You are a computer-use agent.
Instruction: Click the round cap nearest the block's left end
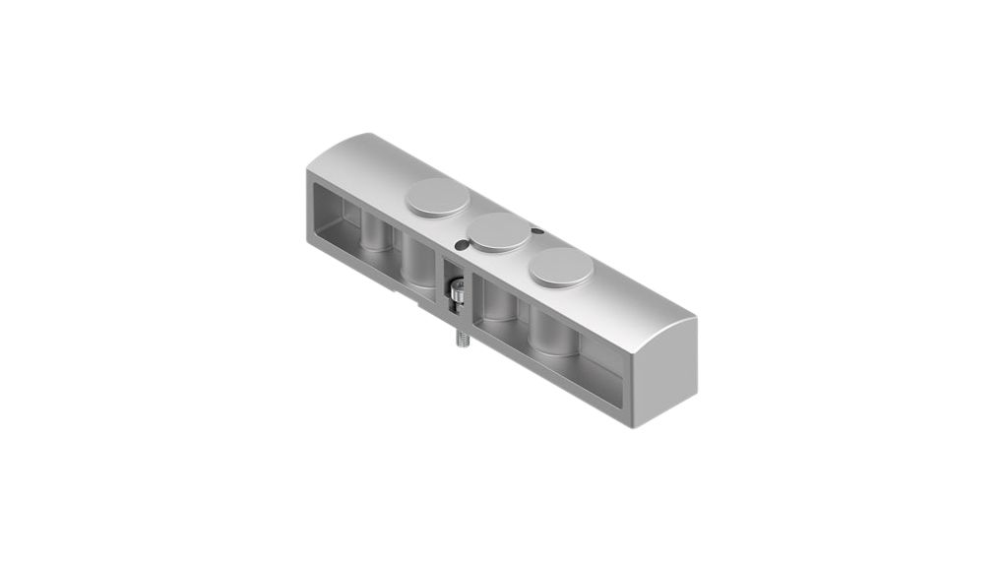tap(437, 198)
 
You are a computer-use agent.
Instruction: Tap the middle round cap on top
tap(498, 232)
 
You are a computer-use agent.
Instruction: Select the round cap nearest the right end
tap(561, 267)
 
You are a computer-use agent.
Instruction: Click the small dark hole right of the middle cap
tap(536, 232)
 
